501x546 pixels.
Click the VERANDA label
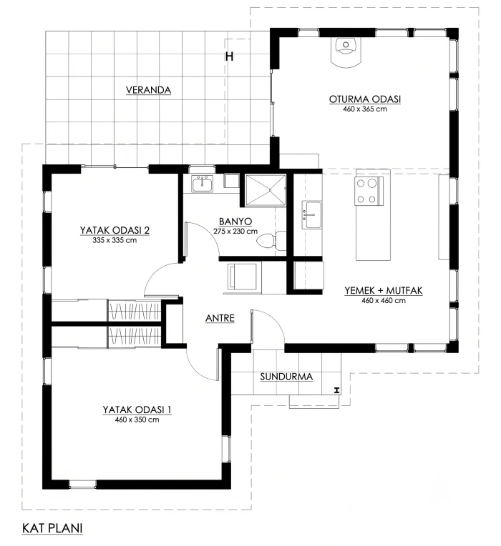click(148, 90)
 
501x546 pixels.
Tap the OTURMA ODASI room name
click(365, 99)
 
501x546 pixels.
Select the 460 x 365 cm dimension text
click(365, 109)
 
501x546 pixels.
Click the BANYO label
click(235, 222)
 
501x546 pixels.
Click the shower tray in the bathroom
click(266, 191)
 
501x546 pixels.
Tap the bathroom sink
click(203, 184)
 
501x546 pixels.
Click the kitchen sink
click(311, 215)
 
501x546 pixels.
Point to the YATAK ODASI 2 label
click(115, 231)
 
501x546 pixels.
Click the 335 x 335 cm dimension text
click(115, 240)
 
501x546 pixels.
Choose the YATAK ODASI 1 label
click(137, 409)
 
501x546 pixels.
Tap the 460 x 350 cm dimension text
click(137, 420)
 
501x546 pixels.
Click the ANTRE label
click(220, 318)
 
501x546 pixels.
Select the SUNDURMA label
click(286, 377)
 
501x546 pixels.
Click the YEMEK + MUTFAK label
click(384, 291)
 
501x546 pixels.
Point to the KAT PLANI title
click(52, 528)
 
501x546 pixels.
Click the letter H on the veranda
click(229, 56)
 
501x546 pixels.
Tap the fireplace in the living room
click(346, 51)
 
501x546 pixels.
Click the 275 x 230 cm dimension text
click(235, 232)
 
